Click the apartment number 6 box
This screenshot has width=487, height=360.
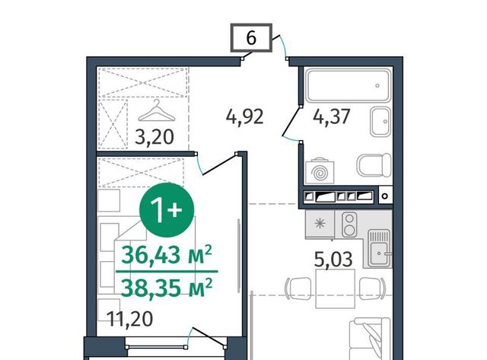(251, 37)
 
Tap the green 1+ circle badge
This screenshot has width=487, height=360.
(167, 210)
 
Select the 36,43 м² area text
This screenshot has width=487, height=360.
(167, 255)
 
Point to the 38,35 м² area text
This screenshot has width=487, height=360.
(167, 288)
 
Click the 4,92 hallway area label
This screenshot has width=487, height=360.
(245, 116)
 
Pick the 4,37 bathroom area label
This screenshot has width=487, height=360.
(332, 116)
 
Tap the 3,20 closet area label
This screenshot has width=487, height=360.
(154, 137)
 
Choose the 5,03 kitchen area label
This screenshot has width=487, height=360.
(333, 260)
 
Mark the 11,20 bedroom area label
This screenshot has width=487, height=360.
(129, 319)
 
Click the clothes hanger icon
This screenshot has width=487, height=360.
(157, 110)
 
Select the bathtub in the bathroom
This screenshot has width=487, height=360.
(349, 84)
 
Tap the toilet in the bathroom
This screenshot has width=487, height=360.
(374, 165)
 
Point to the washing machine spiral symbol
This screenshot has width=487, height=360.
(320, 173)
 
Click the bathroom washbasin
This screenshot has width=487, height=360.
(380, 122)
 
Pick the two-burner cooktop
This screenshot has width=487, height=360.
(349, 225)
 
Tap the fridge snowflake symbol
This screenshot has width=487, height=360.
(320, 224)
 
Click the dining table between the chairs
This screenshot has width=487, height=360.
(335, 288)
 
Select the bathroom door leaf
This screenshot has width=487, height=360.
(291, 121)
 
